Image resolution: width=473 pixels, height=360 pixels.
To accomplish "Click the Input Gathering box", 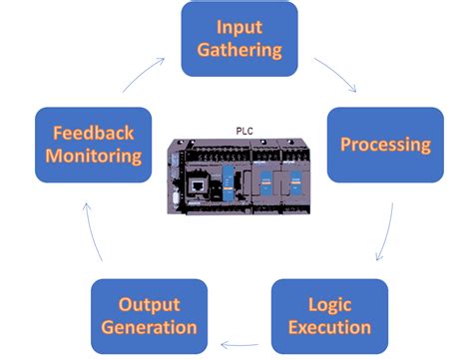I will [239, 39].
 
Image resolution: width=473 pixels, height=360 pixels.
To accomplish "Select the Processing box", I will [385, 145].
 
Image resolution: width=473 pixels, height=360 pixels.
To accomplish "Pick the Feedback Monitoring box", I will [93, 145].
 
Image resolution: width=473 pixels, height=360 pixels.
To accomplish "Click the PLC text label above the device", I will [243, 127].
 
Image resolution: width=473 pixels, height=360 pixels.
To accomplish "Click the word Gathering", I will [239, 50].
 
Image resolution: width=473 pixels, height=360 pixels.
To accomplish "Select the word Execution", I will [329, 327].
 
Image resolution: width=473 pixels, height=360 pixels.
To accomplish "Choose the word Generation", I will [150, 327].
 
